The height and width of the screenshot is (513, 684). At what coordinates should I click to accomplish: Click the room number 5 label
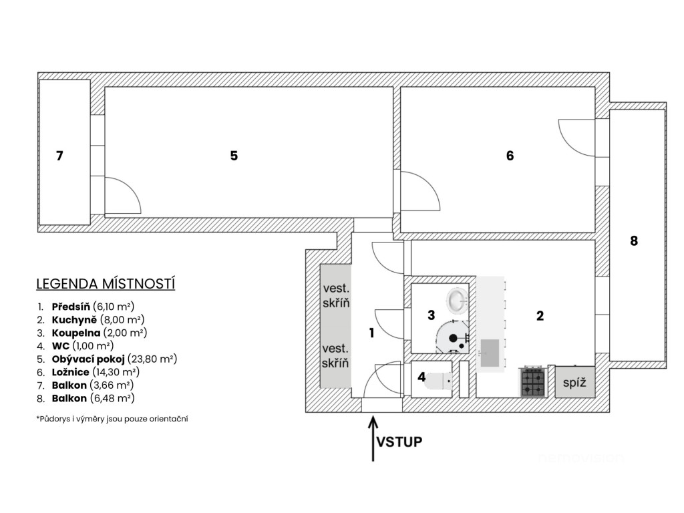[234, 156]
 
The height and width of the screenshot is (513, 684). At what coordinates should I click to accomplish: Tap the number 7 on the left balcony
[59, 156]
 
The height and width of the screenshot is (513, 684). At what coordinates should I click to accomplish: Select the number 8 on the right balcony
[634, 240]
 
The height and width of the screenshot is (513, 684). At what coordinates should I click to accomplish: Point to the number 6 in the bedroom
[510, 156]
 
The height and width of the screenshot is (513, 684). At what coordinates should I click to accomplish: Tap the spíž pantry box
[574, 382]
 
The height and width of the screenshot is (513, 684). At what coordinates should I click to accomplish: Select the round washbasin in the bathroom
[457, 301]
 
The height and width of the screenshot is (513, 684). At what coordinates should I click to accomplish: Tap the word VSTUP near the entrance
[399, 442]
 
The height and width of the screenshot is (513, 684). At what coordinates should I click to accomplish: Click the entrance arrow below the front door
[373, 439]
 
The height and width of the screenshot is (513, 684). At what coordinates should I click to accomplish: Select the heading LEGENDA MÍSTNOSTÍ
[106, 284]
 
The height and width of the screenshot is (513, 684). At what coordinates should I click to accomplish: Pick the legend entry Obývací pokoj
[88, 359]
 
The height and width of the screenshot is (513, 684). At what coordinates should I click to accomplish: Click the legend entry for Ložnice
[70, 372]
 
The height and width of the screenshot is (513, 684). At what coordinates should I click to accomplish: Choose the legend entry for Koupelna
[76, 333]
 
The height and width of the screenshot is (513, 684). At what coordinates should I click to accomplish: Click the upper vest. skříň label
[336, 295]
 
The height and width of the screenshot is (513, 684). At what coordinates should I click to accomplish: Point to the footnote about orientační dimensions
[112, 419]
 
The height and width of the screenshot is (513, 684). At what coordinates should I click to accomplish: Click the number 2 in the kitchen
[540, 316]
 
